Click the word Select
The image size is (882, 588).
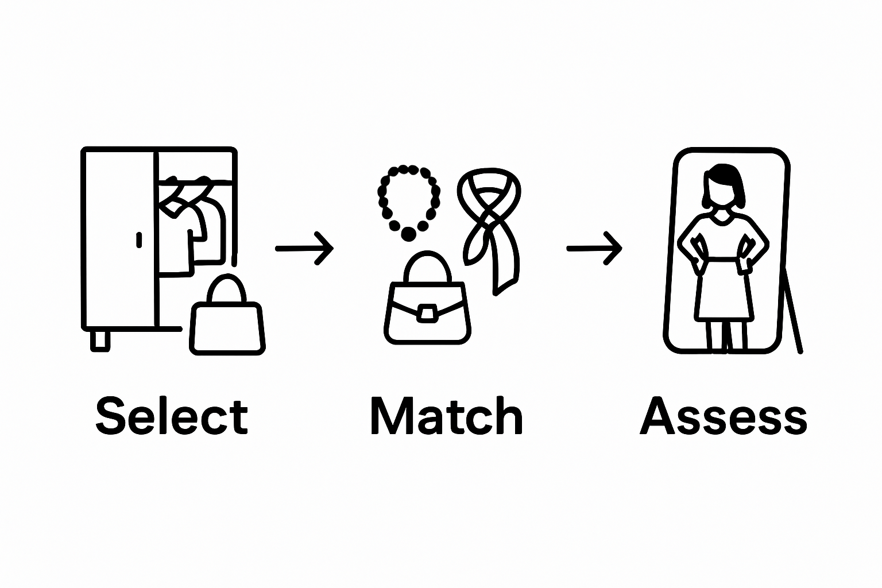pos(171,415)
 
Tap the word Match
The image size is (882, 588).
pos(447,415)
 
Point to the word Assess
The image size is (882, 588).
pos(723,415)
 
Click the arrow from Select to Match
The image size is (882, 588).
pos(304,248)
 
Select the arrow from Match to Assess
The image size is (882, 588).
pos(594,248)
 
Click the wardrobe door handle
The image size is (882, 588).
pos(139,239)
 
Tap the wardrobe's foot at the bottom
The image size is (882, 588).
pos(100,340)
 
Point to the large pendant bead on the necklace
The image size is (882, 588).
pos(409,234)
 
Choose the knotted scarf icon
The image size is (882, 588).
pos(490,224)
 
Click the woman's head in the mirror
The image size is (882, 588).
pos(722,188)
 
